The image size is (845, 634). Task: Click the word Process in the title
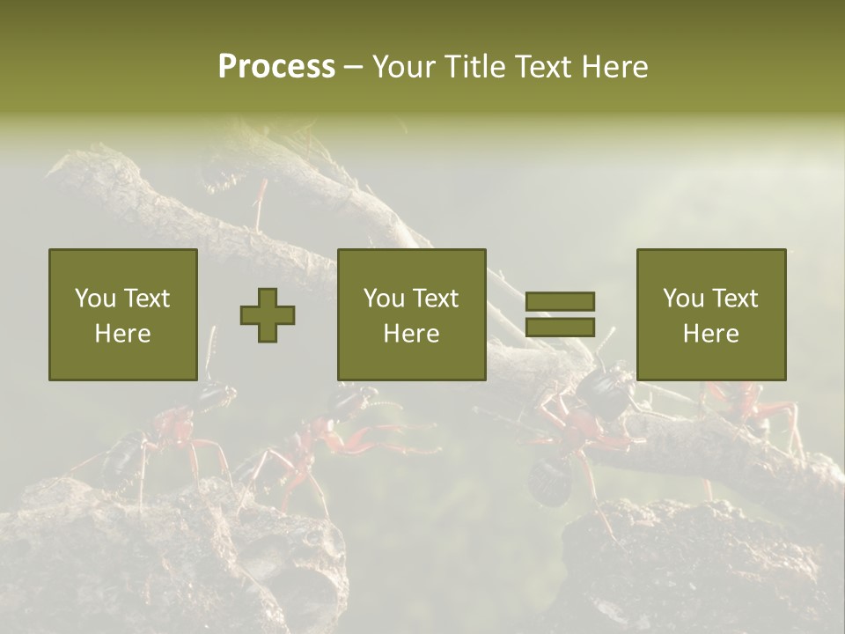276,67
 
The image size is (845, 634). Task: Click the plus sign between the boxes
268,315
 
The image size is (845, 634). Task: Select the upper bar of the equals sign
560,301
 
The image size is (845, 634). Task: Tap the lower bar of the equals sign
560,328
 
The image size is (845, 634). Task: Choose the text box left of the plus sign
122,314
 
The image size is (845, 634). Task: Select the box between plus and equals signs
411,314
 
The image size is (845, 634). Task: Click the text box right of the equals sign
710,314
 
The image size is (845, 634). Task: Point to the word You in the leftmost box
94,299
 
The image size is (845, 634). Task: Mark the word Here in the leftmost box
122,334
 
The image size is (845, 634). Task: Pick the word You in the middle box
383,299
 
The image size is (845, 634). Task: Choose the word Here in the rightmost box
710,334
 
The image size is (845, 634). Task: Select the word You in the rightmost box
682,299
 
